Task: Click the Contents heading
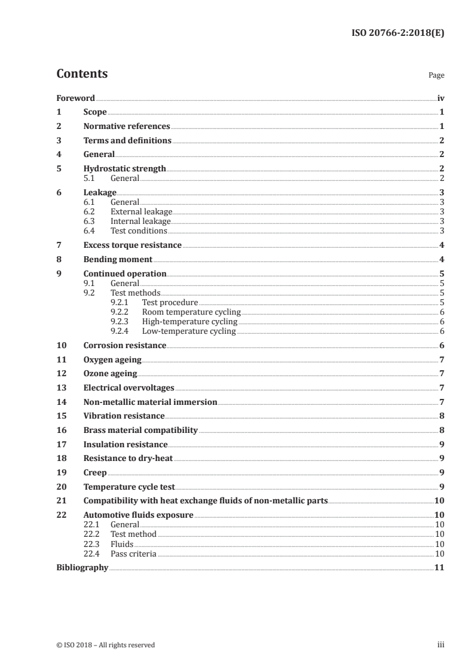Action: click(82, 74)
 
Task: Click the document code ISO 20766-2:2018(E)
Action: click(397, 33)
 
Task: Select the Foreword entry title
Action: click(75, 98)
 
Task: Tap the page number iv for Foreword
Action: click(441, 98)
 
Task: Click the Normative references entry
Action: click(127, 127)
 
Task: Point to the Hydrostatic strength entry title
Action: click(124, 169)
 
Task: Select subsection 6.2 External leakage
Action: click(141, 212)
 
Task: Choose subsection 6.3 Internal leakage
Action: click(140, 222)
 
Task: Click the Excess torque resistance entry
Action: click(132, 245)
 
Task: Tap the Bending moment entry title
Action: click(118, 260)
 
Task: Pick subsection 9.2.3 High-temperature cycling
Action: click(189, 322)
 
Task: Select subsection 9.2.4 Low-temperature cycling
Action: click(189, 331)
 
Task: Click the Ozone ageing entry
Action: click(110, 374)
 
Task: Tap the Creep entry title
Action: click(95, 473)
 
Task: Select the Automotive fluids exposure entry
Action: click(138, 515)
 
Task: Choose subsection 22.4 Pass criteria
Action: click(133, 554)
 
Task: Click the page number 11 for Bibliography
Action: click(439, 567)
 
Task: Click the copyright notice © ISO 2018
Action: click(105, 645)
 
